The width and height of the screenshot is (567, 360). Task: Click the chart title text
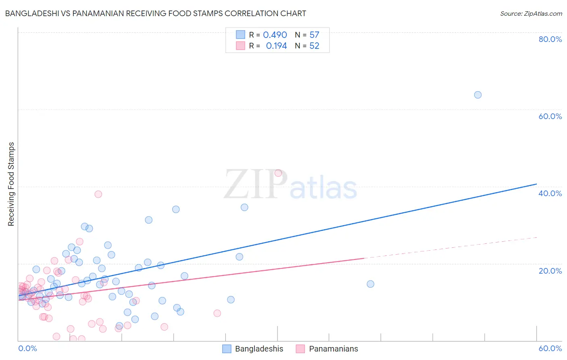155,13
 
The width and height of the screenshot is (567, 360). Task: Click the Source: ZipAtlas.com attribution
531,13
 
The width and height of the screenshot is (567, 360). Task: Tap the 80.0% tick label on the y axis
550,39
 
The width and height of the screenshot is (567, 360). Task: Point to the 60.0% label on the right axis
550,116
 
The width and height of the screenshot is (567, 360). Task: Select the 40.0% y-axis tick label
550,193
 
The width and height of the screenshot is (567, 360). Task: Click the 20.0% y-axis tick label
550,271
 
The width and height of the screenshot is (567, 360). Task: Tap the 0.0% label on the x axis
27,348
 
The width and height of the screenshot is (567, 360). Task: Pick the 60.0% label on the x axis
550,348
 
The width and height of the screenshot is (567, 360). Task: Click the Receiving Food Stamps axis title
11,184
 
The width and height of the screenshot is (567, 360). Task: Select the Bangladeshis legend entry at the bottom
253,349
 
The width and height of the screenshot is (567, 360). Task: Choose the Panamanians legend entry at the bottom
327,349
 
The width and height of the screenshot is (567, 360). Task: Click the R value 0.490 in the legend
275,35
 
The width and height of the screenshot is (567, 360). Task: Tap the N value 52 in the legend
314,46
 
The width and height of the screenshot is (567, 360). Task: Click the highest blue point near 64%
477,95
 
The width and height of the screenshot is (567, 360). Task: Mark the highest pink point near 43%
278,173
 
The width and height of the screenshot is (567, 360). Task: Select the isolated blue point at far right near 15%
370,284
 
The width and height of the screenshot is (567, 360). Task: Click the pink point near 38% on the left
98,194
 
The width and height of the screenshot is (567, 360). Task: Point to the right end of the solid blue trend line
536,184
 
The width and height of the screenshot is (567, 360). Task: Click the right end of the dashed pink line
537,237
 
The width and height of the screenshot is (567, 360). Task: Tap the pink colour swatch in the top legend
240,46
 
